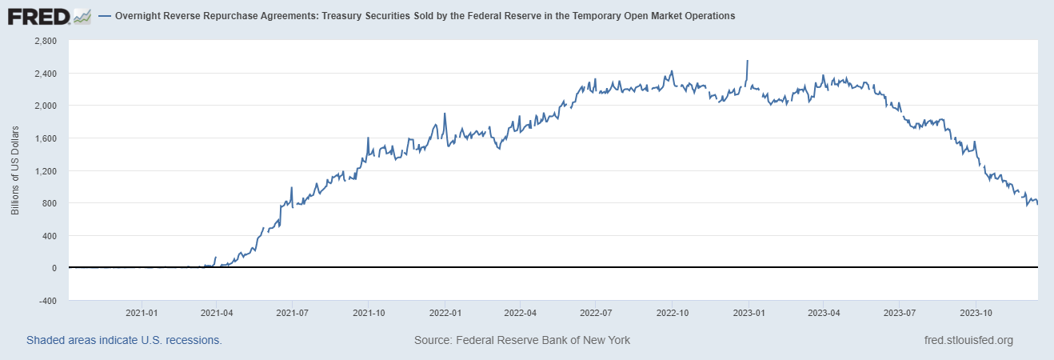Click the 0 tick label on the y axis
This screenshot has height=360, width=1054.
coord(54,268)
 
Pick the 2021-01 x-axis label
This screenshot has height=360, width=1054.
coord(141,314)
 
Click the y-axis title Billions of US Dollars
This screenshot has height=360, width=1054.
coord(15,170)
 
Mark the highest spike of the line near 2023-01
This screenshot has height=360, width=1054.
coord(747,61)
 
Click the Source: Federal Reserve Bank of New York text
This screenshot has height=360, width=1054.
coord(522,340)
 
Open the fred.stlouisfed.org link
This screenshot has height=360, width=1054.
coord(968,340)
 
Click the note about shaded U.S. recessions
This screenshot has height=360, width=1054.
coord(124,340)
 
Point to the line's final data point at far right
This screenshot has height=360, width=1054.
coord(1037,204)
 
